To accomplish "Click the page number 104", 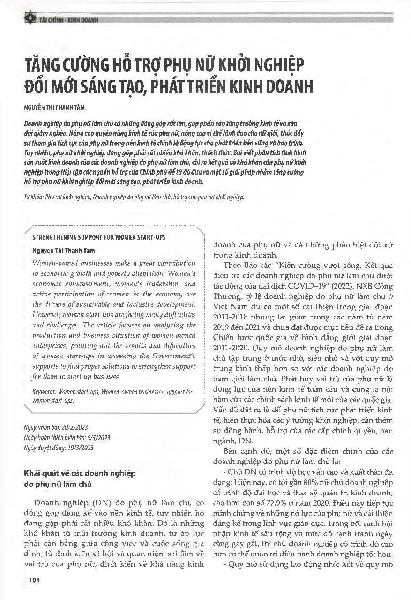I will coord(34,581).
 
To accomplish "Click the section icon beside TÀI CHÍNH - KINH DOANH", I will coord(31,19).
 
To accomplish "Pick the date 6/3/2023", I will coord(99,438).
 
